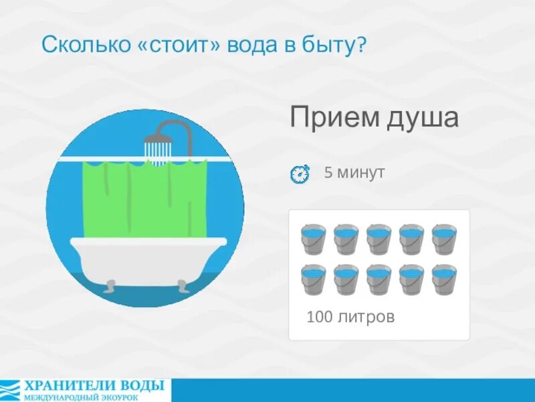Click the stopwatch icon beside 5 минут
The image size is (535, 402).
tap(300, 174)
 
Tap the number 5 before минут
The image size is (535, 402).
tap(328, 172)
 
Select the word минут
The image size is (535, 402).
tap(361, 172)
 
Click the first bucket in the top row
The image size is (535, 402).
tap(313, 239)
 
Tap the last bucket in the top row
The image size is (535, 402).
tap(444, 239)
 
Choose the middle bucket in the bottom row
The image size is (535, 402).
tap(379, 279)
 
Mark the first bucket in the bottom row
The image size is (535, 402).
tap(313, 279)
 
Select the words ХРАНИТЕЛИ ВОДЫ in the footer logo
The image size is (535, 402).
tap(94, 385)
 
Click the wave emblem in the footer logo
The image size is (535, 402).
tap(10, 390)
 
